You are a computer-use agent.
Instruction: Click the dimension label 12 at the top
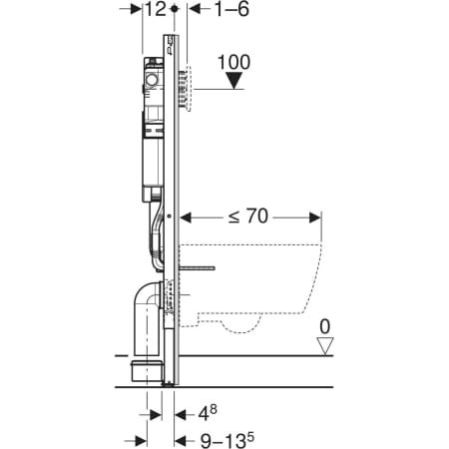(155, 9)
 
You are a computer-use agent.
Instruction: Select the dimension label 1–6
(231, 9)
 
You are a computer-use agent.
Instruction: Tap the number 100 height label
(233, 62)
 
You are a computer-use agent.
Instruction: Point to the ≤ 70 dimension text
(248, 217)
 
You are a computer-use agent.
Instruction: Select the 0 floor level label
(325, 326)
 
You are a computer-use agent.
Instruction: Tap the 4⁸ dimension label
(208, 413)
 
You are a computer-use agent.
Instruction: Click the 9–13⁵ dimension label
(226, 440)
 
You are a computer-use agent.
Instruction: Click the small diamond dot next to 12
(174, 9)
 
